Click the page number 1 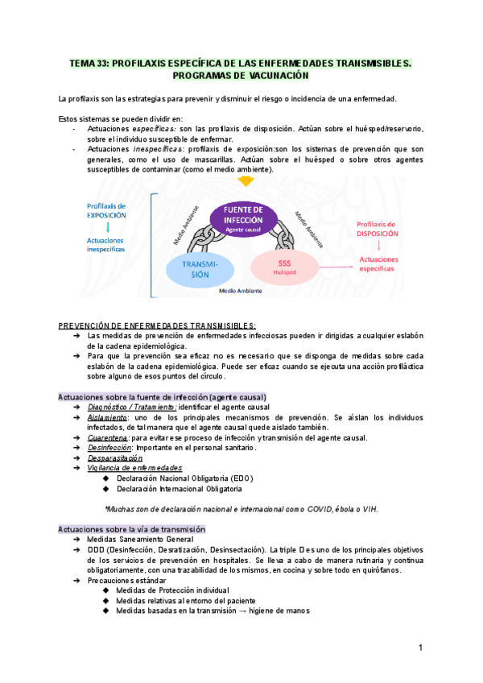coord(420,648)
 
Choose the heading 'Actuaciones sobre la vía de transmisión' coord(132,529)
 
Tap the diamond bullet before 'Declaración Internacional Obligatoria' coord(106,488)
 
